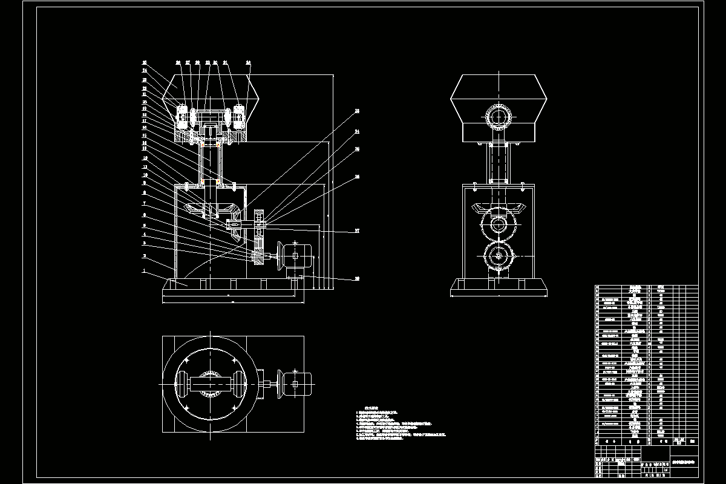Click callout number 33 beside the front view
click(x=357, y=111)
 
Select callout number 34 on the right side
click(x=357, y=131)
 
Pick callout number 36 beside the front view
click(x=357, y=148)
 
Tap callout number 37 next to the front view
click(x=357, y=231)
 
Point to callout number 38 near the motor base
click(x=357, y=279)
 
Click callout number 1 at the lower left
click(x=144, y=271)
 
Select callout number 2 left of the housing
click(x=144, y=256)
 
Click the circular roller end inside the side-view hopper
click(x=498, y=116)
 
